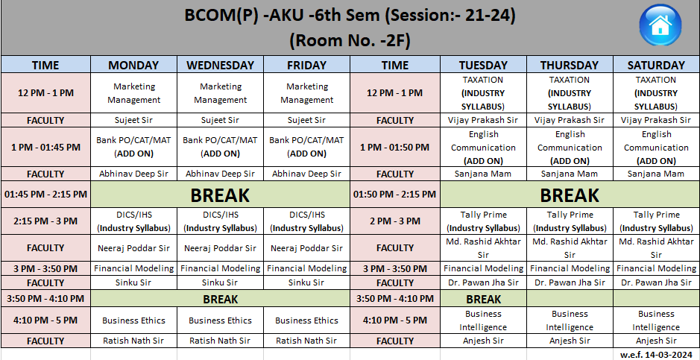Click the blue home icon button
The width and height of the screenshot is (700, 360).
660,25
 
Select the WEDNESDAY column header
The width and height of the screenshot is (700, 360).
220,65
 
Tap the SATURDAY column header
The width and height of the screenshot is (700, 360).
656,65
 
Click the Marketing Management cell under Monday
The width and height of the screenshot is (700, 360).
134,93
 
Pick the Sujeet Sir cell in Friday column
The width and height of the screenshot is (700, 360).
306,120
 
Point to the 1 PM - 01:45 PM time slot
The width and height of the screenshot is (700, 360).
45,148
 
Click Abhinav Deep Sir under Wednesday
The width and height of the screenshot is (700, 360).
220,174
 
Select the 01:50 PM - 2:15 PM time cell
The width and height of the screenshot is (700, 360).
395,195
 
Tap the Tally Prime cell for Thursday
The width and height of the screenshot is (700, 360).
570,221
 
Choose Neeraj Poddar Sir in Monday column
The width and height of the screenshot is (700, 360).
134,248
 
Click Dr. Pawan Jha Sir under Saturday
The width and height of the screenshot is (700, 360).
656,282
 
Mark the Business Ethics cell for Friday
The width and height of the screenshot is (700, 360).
306,320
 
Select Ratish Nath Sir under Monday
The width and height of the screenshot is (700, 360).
134,341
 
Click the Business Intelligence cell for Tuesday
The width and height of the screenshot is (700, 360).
483,320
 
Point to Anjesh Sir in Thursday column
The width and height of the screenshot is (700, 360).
570,341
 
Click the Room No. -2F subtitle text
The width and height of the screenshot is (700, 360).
350,41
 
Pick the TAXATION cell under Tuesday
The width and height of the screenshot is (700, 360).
483,93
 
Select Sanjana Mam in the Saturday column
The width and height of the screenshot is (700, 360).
656,174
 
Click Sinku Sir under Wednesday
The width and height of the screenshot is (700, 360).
220,282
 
